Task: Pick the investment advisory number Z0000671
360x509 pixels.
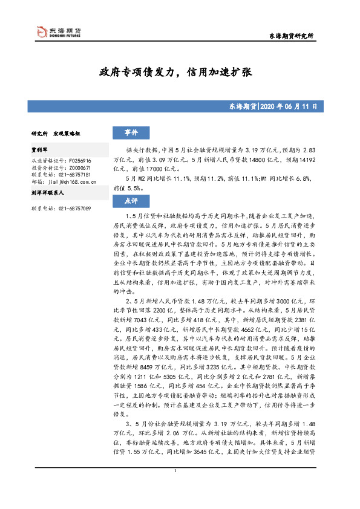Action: tap(75, 168)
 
